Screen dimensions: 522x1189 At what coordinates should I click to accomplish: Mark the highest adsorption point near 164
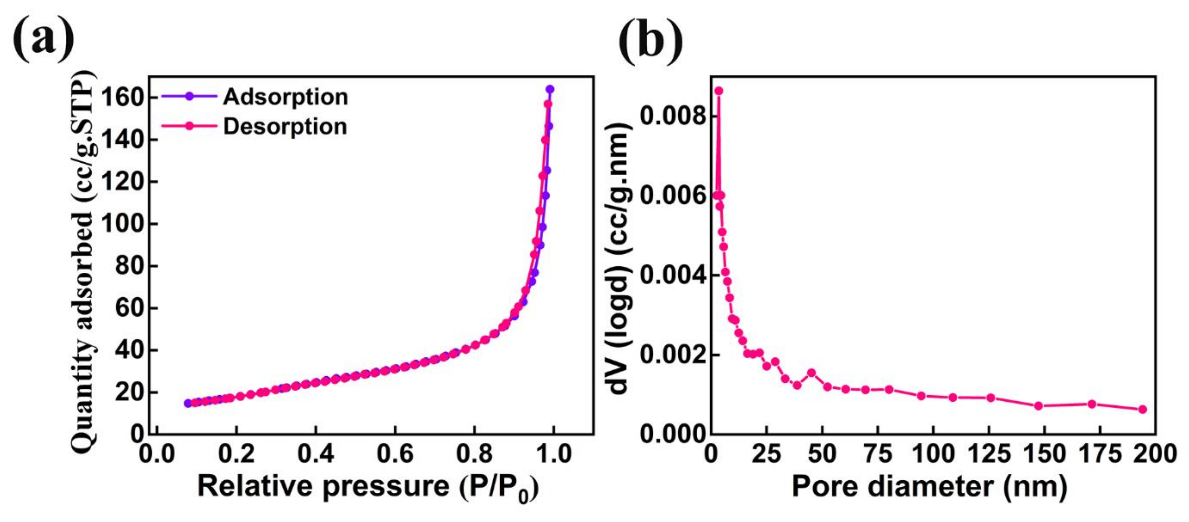(550, 90)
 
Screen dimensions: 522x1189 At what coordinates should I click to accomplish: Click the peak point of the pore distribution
(719, 91)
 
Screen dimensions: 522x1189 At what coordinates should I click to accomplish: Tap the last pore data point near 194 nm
(1142, 409)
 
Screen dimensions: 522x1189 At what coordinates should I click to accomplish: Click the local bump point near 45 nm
(811, 373)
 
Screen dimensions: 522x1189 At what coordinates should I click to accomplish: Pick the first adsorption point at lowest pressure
(188, 403)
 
